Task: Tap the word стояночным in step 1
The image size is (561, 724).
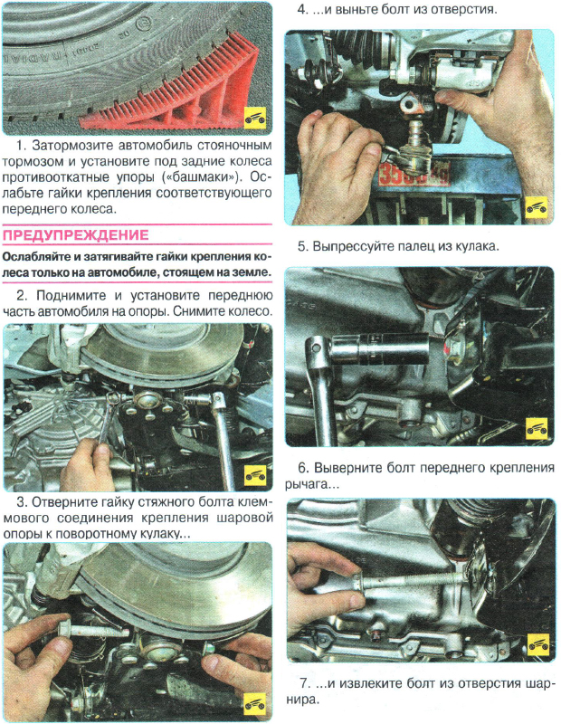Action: [x=230, y=145]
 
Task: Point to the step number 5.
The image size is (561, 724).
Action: [x=302, y=246]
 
